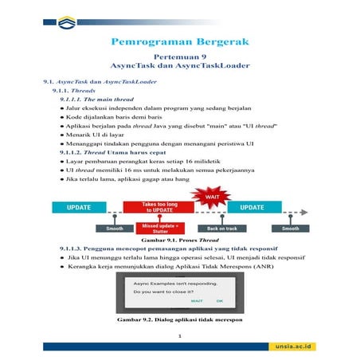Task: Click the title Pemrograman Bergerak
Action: (x=179, y=41)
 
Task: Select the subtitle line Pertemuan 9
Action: (x=180, y=58)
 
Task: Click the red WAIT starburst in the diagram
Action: (x=213, y=195)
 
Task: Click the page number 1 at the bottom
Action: (x=180, y=337)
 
